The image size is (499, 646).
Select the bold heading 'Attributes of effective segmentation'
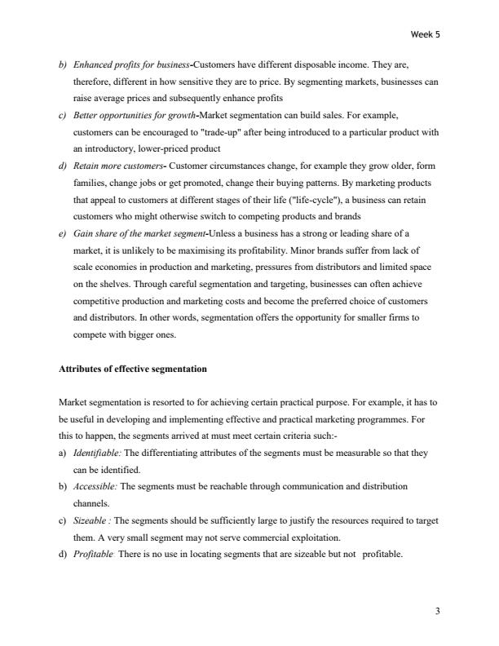coord(133,369)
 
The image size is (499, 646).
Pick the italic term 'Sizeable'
coord(90,521)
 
